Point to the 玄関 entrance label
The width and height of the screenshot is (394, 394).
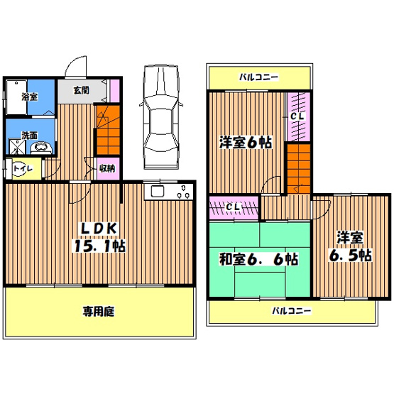pyautogui.click(x=80, y=90)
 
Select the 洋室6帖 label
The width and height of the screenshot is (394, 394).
pyautogui.click(x=244, y=142)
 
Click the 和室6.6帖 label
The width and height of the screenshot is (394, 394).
pyautogui.click(x=258, y=260)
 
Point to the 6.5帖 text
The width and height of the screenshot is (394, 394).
pyautogui.click(x=346, y=256)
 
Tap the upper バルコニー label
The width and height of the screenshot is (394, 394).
pyautogui.click(x=258, y=77)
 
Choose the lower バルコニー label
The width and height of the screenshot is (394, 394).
pyautogui.click(x=292, y=310)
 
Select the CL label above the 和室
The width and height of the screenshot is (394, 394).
pyautogui.click(x=233, y=207)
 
